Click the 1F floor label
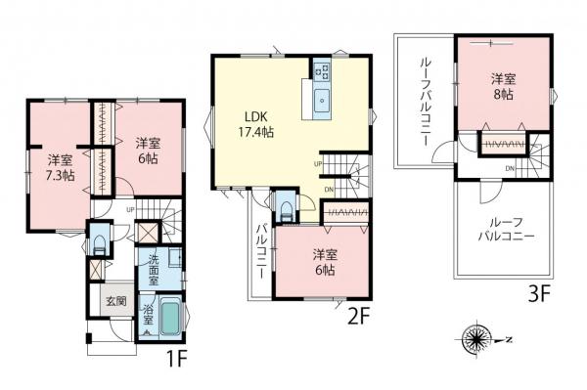pyautogui.click(x=175, y=359)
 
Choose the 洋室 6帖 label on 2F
pyautogui.click(x=325, y=262)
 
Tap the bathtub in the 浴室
pyautogui.click(x=168, y=319)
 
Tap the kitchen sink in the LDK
pyautogui.click(x=324, y=99)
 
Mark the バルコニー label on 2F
pyautogui.click(x=261, y=248)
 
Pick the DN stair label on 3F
pyautogui.click(x=511, y=168)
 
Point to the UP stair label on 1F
pyautogui.click(x=130, y=207)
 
